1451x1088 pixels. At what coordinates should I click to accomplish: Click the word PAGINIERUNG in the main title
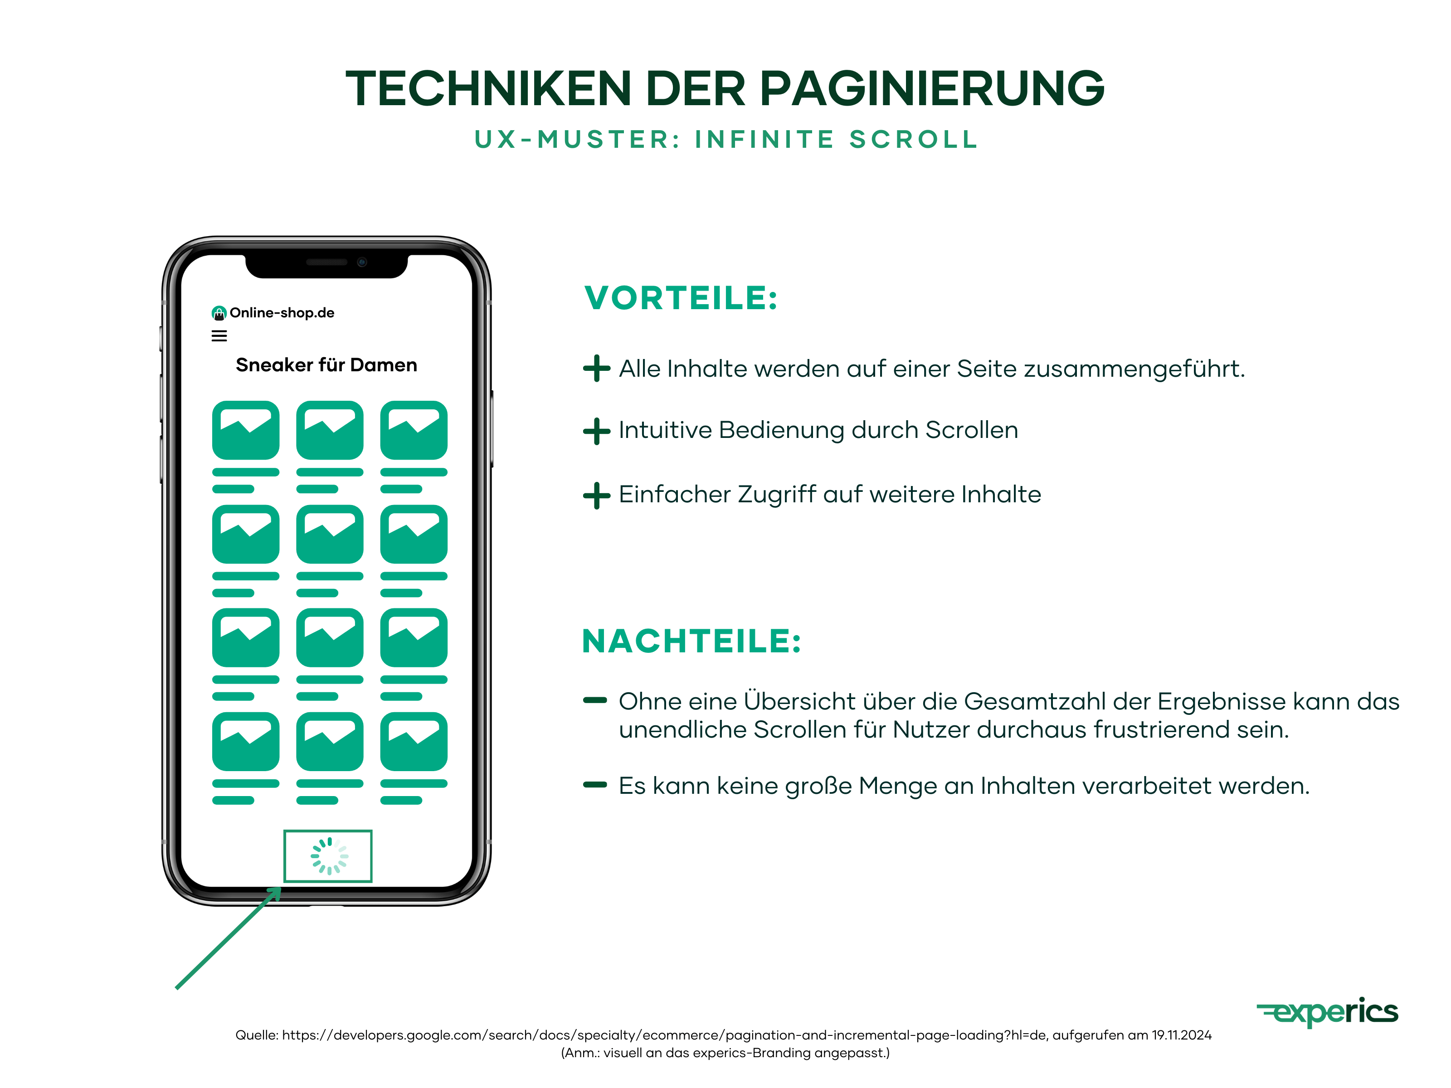point(931,88)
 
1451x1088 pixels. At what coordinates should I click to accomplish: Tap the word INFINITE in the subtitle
point(764,140)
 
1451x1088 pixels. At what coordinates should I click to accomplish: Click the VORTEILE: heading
point(681,298)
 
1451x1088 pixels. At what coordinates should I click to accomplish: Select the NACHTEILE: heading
point(691,641)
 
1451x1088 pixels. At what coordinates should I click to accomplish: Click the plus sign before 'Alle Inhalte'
point(596,369)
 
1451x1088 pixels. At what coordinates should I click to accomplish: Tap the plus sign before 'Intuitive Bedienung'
point(596,431)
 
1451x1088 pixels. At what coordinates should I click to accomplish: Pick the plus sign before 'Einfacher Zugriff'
point(596,495)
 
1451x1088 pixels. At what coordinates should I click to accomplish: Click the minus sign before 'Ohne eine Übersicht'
point(595,700)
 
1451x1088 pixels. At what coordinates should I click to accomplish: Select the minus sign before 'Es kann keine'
point(595,784)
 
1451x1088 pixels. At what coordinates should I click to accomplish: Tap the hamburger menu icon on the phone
point(219,336)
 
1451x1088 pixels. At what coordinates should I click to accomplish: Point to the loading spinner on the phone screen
point(329,856)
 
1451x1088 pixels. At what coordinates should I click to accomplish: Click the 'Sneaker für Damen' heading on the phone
point(326,365)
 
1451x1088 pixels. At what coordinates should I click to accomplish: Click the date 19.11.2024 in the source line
point(1181,1035)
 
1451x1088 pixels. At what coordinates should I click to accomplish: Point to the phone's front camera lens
point(361,262)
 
